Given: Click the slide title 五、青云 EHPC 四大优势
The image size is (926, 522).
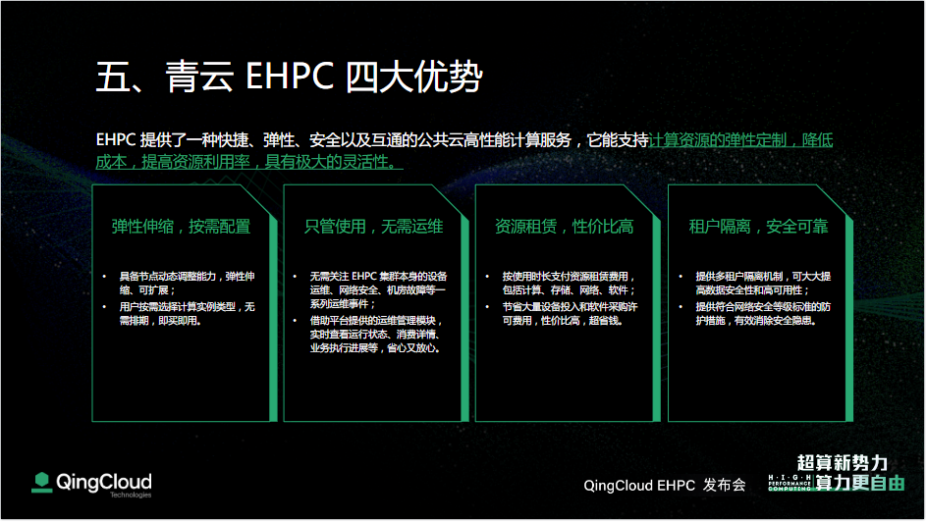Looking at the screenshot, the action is [290, 77].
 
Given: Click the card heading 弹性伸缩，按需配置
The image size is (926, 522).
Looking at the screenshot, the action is [182, 227].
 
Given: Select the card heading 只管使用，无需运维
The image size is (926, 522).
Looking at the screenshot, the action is [374, 227].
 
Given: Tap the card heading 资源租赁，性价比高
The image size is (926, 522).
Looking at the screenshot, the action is [565, 227].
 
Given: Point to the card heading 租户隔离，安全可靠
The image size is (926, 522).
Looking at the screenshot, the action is [759, 227].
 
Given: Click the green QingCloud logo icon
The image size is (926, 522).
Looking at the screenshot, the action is [41, 483].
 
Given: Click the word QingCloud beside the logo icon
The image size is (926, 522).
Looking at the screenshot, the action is [104, 482].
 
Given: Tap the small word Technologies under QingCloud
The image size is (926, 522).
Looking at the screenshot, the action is [131, 495].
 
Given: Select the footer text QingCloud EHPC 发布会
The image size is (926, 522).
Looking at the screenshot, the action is [665, 486].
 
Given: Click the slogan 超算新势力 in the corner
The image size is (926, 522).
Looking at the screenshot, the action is [843, 463].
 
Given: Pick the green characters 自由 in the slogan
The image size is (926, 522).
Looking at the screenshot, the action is [888, 483].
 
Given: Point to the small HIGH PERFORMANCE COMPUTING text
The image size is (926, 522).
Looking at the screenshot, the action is [790, 483].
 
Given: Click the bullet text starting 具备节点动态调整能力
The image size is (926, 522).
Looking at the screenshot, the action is [188, 284].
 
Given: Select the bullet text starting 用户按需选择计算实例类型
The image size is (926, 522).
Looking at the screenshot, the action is [188, 314].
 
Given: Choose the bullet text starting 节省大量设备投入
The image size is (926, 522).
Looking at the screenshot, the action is [570, 314].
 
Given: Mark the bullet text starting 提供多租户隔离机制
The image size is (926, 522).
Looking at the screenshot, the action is [763, 284].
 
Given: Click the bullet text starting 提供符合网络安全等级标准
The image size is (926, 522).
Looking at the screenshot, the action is [763, 314].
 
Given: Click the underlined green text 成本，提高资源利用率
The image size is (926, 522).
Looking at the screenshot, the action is [173, 162].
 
